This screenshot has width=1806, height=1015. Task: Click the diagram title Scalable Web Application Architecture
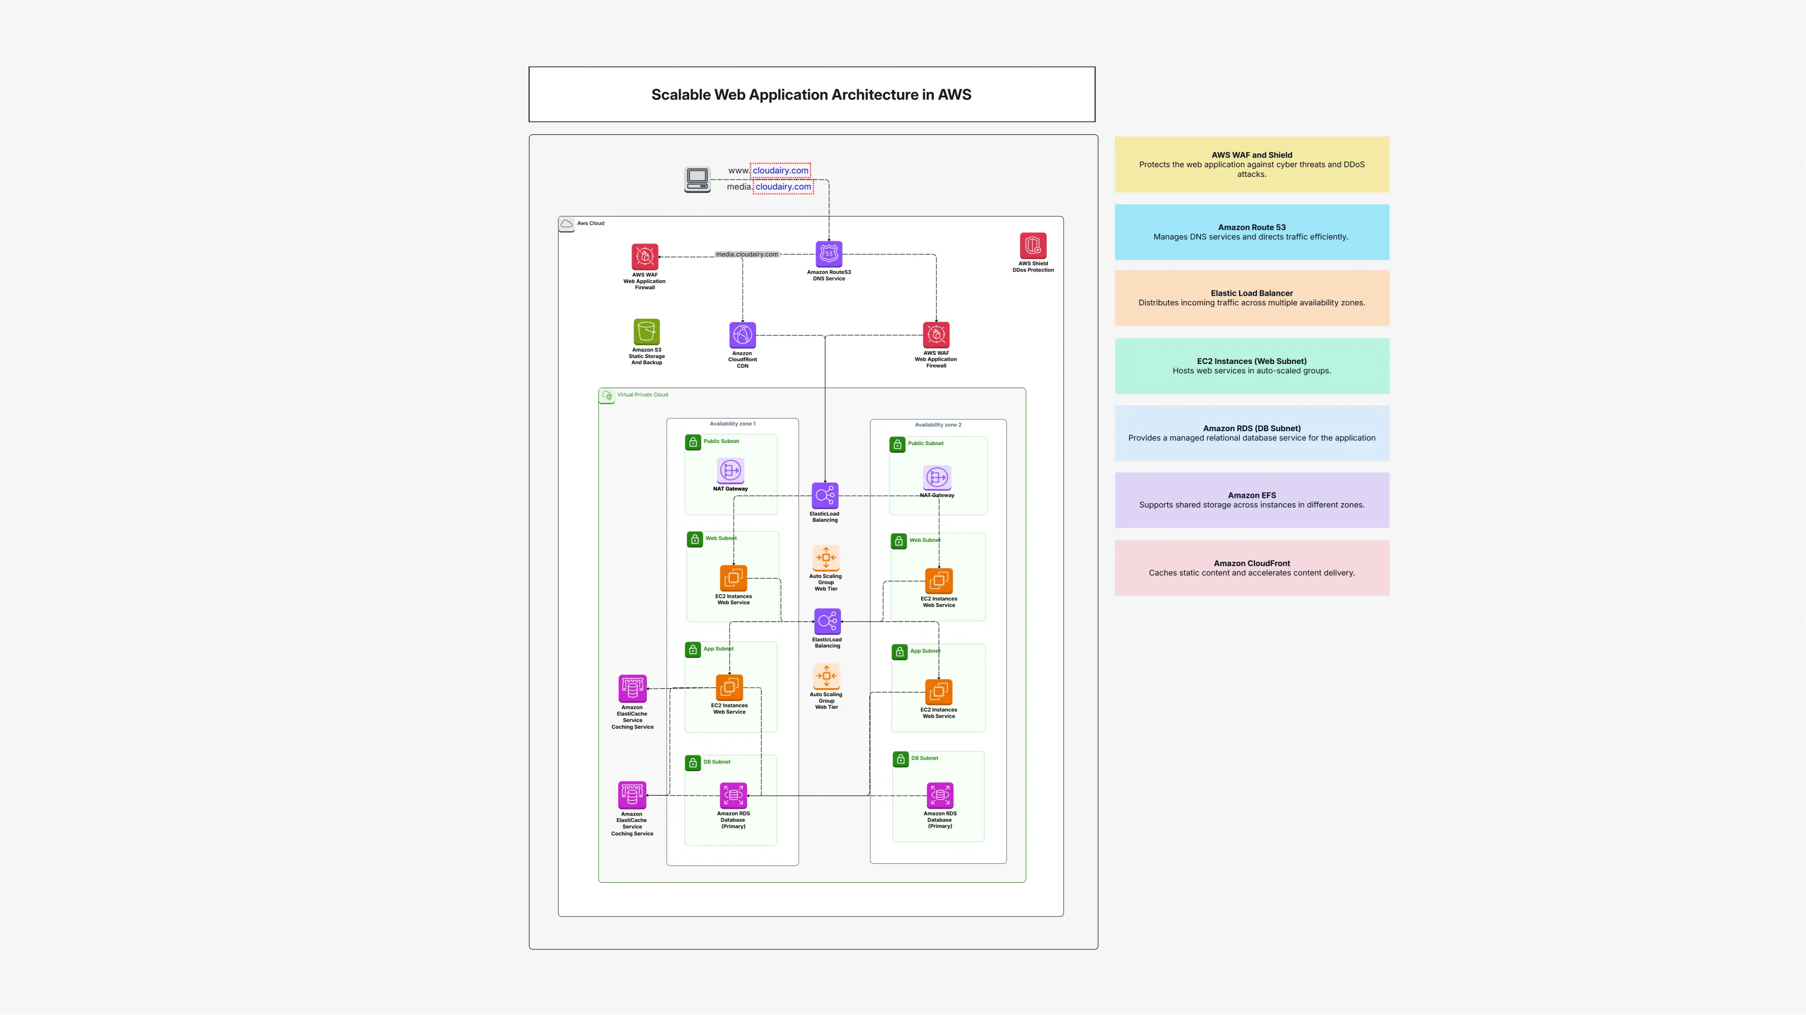[811, 95]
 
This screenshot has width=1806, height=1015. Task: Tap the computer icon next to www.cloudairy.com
[697, 178]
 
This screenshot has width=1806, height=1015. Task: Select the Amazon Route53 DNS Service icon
[829, 254]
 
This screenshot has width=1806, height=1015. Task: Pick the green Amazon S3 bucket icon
[646, 332]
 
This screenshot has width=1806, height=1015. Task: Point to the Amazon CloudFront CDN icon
[743, 335]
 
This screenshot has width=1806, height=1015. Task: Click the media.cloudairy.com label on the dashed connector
[747, 254]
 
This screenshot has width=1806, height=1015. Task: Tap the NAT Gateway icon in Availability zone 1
[731, 470]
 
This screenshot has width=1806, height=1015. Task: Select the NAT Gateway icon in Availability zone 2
[937, 477]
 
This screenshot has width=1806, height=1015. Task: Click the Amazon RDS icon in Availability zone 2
[940, 796]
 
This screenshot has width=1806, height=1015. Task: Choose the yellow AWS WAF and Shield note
[1252, 165]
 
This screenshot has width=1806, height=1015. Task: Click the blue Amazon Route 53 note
[1252, 232]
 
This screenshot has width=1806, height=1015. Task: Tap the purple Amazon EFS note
[1252, 500]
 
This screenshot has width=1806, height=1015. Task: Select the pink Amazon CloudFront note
[1252, 568]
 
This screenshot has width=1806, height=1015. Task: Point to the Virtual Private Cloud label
[642, 395]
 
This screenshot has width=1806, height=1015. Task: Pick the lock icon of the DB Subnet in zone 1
[693, 763]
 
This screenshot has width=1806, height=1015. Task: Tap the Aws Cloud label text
[590, 223]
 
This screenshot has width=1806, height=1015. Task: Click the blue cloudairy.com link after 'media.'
[783, 187]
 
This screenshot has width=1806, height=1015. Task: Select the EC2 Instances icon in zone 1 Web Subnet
[733, 577]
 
